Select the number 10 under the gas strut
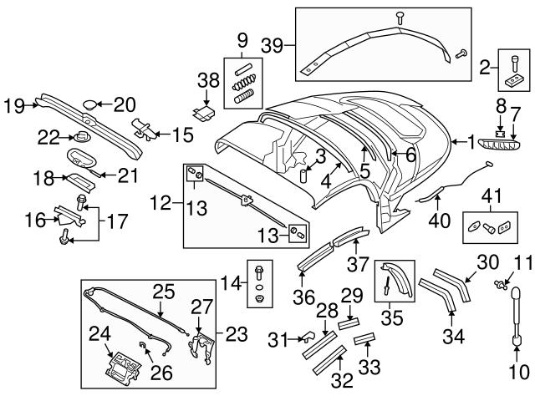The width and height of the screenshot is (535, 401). [519, 373]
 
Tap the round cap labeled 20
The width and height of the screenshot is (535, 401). [91, 104]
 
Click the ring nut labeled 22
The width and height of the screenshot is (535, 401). [81, 136]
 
